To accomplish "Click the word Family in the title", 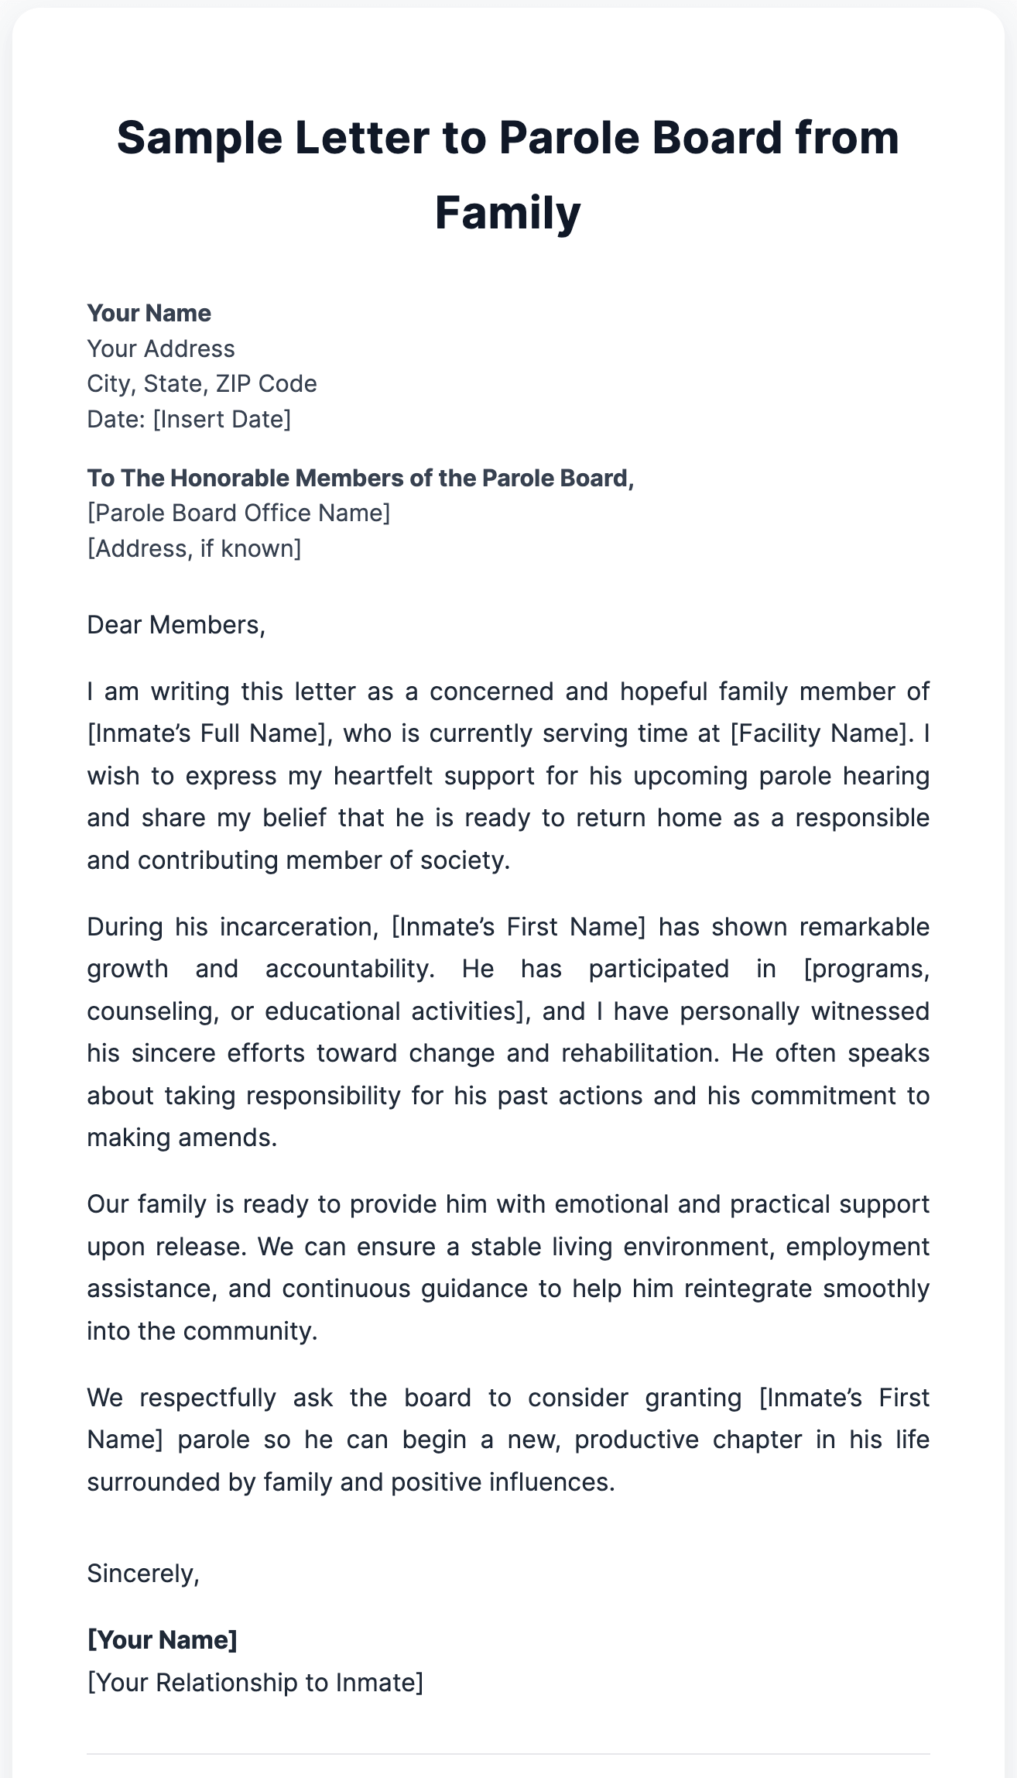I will pyautogui.click(x=508, y=213).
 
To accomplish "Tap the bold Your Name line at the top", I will pyautogui.click(x=149, y=313).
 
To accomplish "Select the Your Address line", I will pyautogui.click(x=160, y=348).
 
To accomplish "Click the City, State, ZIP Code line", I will pyautogui.click(x=201, y=383).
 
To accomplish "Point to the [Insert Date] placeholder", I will pyautogui.click(x=221, y=419).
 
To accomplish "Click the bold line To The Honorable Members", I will pyautogui.click(x=360, y=478).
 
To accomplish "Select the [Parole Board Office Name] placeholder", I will pyautogui.click(x=238, y=513).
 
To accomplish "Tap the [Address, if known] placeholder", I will pyautogui.click(x=193, y=548).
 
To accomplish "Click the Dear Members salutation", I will pyautogui.click(x=176, y=625).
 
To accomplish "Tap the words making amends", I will pyautogui.click(x=181, y=1138).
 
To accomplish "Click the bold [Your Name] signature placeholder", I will pyautogui.click(x=162, y=1640).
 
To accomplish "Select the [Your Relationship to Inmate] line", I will pyautogui.click(x=255, y=1682).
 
